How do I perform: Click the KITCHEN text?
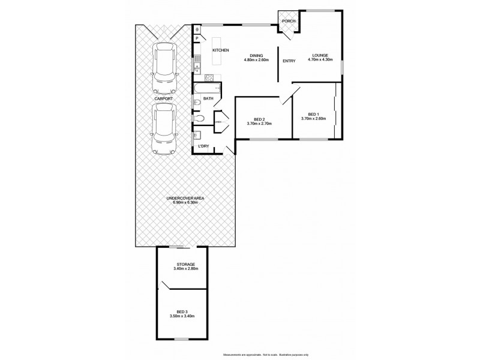(x=221, y=50)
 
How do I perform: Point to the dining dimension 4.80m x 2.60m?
(x=256, y=60)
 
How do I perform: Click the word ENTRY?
(x=289, y=61)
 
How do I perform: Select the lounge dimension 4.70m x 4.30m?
(x=320, y=60)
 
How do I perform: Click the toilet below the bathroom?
(x=203, y=118)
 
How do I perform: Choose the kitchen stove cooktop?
(x=209, y=77)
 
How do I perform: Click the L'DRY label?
(x=204, y=146)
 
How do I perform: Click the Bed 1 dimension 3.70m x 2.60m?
(x=313, y=119)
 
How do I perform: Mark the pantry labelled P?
(x=196, y=39)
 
